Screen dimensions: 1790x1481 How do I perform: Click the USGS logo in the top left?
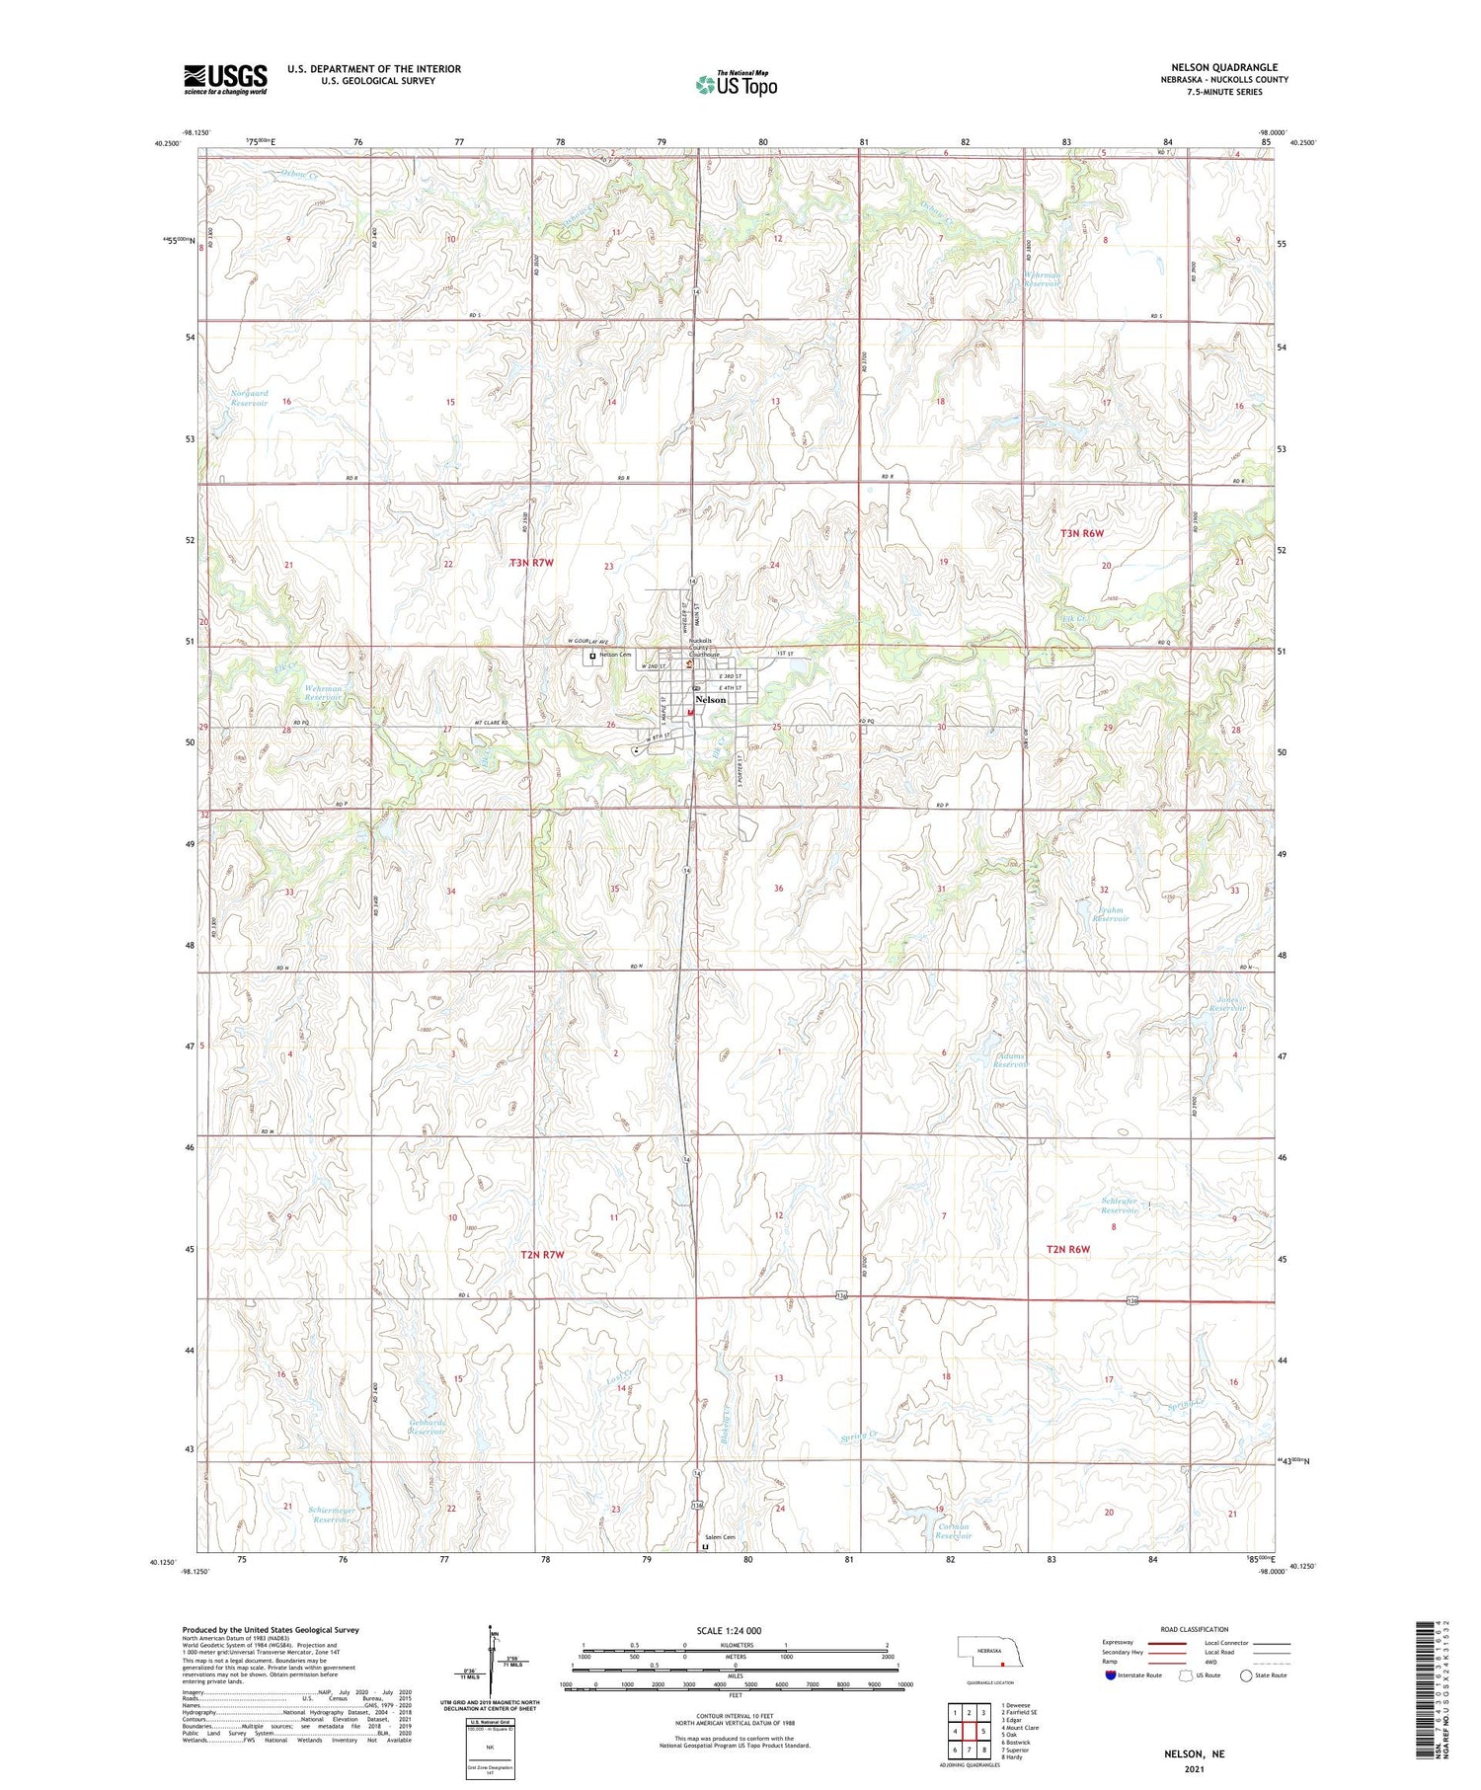click(x=225, y=79)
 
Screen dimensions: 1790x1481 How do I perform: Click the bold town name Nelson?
click(x=710, y=699)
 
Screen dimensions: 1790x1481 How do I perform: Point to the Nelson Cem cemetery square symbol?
click(x=592, y=656)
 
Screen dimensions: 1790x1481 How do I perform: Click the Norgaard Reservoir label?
click(x=249, y=399)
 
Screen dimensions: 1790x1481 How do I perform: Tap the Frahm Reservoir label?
click(x=1109, y=913)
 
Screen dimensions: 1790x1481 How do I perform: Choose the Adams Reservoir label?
click(x=1010, y=1059)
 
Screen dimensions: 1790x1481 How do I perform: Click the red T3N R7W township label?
click(x=532, y=563)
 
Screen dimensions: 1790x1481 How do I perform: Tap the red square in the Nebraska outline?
click(x=1001, y=1663)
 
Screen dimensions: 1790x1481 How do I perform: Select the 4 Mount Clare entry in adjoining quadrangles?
click(x=1021, y=1727)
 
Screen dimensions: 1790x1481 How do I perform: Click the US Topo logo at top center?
click(x=736, y=84)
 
